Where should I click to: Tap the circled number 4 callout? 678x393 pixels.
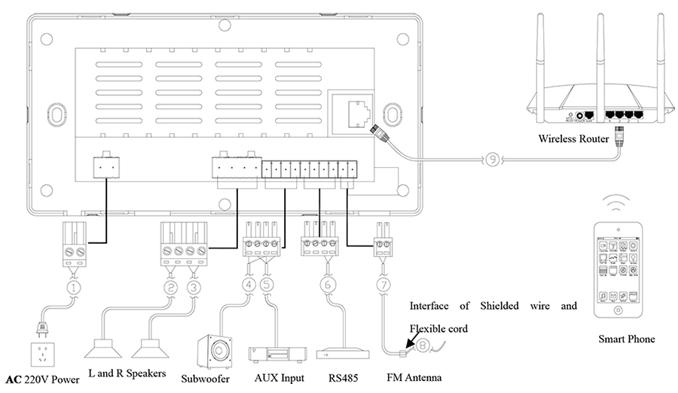(250, 286)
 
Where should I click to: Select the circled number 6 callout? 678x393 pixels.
(326, 286)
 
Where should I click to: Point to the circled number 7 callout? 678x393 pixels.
(384, 286)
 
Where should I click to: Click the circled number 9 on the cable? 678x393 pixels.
(490, 160)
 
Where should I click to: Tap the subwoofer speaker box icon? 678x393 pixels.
(213, 349)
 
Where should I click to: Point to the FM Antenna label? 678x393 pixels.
(414, 378)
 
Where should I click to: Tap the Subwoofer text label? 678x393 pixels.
(206, 378)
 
